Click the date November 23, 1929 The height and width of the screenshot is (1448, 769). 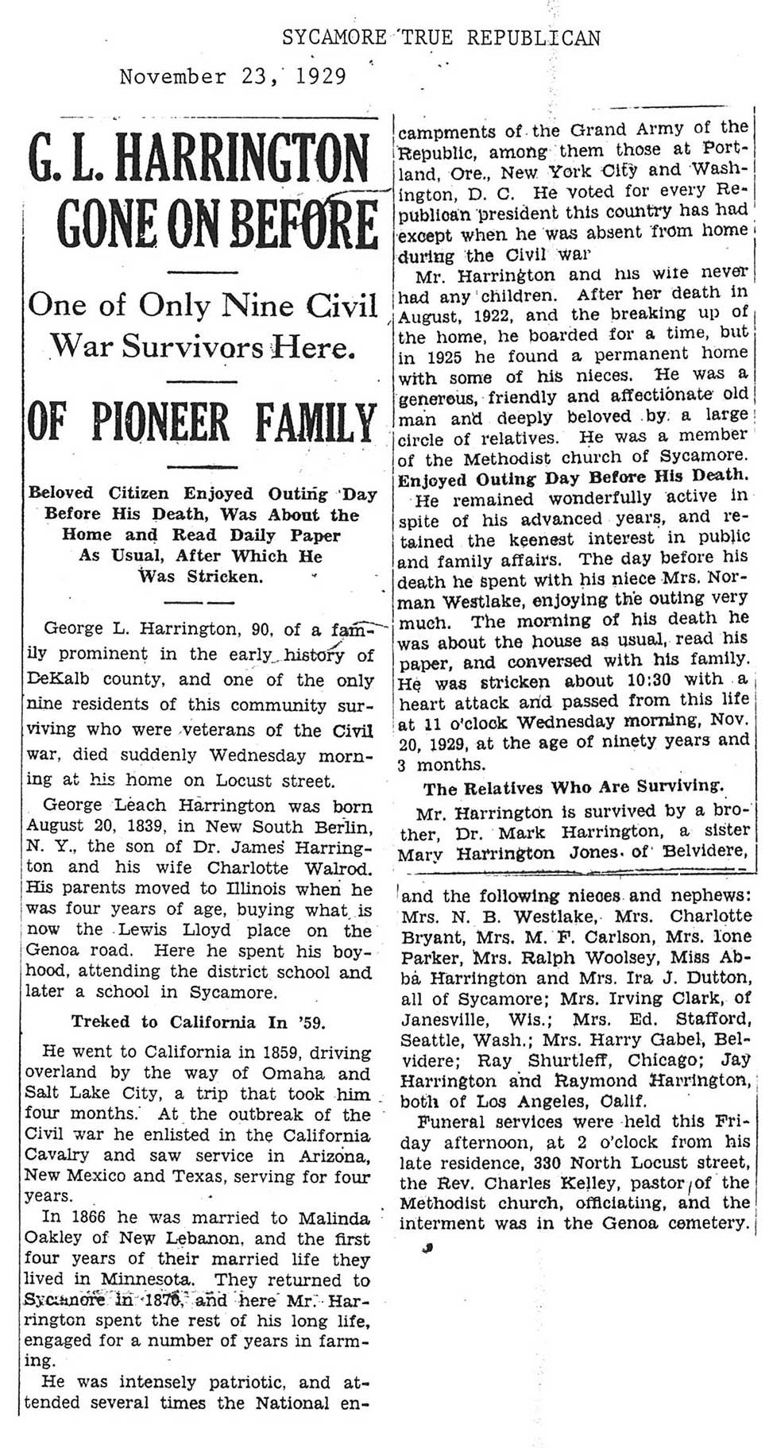233,77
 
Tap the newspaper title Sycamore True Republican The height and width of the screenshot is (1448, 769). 441,37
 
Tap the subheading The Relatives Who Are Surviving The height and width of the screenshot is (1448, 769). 574,788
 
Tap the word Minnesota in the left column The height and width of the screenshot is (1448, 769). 146,1280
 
